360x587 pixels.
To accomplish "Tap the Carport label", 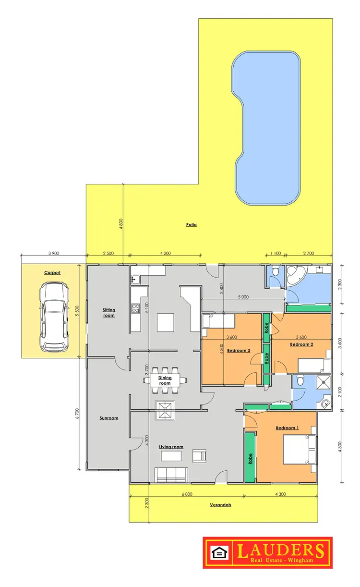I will point(52,272).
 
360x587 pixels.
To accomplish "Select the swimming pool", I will point(266,129).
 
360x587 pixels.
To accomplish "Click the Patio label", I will point(192,224).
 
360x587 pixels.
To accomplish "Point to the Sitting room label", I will point(109,313).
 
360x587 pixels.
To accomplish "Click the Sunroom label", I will point(109,418).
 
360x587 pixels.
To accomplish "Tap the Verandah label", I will point(220,505).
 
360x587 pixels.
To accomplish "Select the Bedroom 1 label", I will point(287,428).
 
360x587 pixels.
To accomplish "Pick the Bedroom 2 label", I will point(301,344).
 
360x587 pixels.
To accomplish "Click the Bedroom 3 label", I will point(239,351).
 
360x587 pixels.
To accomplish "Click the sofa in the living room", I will point(170,475).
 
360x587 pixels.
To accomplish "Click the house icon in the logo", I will point(219,552).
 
